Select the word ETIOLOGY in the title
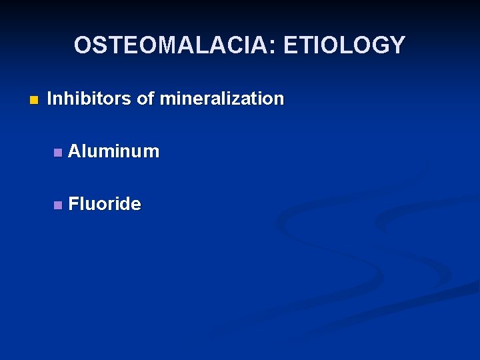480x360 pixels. [344, 45]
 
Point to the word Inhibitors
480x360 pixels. [89, 99]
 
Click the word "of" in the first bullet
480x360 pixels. [144, 99]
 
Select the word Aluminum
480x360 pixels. [114, 151]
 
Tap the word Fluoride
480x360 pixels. [105, 204]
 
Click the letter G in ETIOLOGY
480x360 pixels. [379, 45]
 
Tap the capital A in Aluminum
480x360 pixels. [74, 151]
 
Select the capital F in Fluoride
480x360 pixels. [73, 204]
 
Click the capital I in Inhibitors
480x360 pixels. [50, 99]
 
